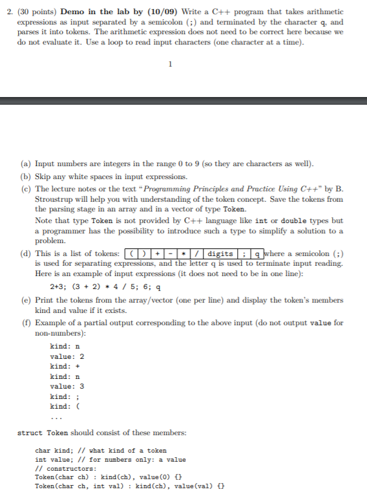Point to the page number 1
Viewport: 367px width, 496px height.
coord(170,64)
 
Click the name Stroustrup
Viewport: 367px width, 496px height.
coord(56,199)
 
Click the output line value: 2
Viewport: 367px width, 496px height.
coord(67,356)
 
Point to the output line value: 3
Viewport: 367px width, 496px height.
coord(67,386)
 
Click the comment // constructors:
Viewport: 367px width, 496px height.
coord(66,468)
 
